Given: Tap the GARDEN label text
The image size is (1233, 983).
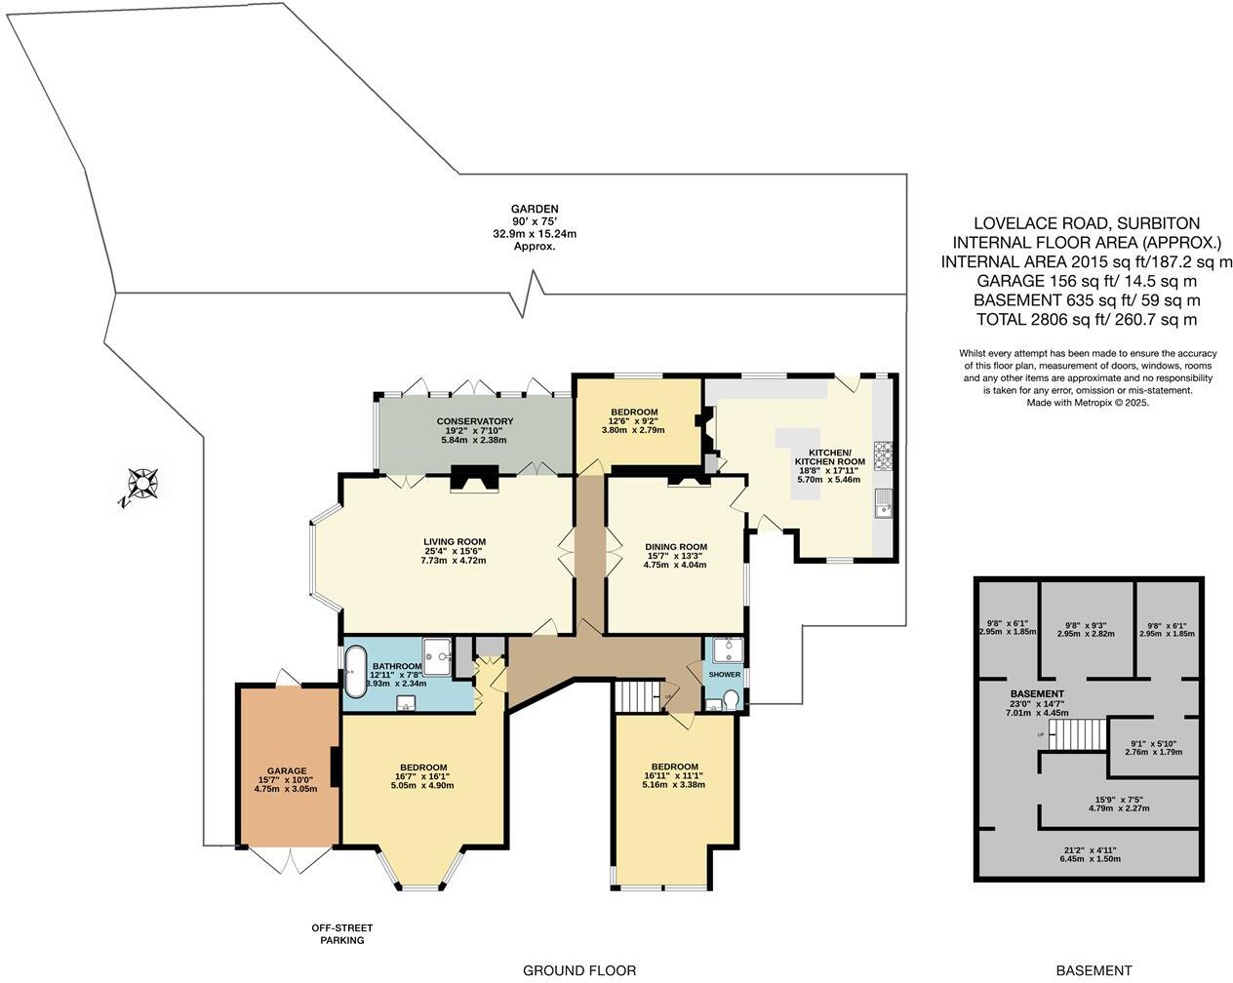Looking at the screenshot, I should coord(535,209).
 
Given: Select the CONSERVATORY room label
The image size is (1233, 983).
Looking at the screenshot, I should coord(474,421).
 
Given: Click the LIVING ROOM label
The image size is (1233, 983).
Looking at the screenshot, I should coord(454,542).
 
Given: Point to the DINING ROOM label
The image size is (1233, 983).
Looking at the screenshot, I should coord(675,547).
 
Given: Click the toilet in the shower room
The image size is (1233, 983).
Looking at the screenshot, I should coord(731,700).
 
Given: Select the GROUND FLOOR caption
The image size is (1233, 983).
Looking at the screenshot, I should coord(579,970).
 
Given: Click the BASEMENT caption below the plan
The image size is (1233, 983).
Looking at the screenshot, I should coord(1094,970).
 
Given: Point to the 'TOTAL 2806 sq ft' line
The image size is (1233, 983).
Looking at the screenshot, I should coord(1087,319).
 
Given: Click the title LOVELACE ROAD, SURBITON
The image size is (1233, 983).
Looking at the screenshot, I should coord(1087,223).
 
